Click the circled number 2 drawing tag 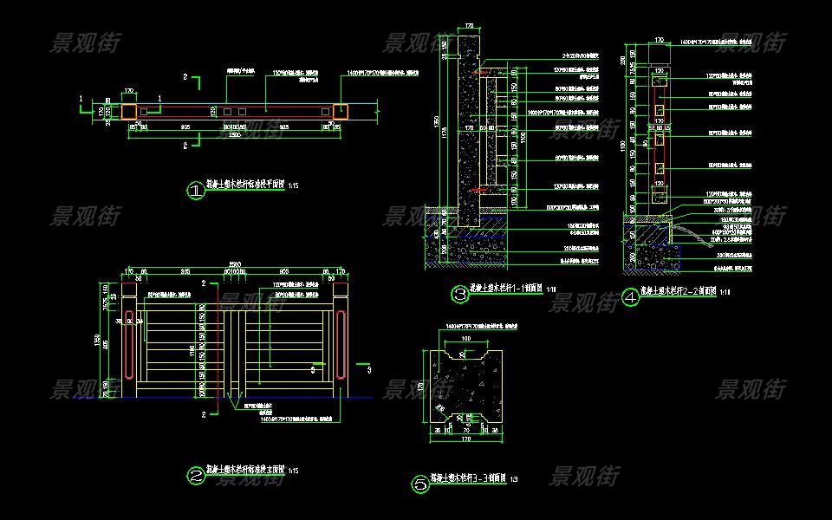[196, 474]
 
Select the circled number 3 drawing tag [460, 294]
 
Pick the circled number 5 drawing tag [420, 484]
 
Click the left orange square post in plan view [129, 111]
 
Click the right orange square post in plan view [341, 111]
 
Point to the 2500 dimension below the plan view [234, 136]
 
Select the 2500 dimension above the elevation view [234, 263]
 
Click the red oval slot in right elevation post [341, 346]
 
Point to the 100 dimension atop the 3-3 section [466, 337]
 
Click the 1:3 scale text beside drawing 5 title [514, 479]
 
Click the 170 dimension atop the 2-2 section [659, 40]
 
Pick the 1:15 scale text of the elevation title [293, 471]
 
